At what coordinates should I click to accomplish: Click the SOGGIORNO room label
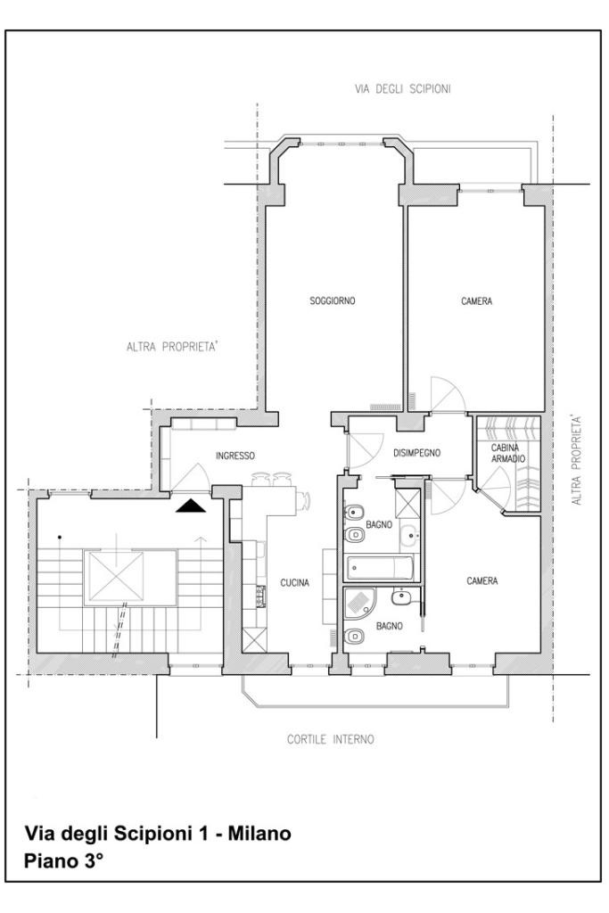click(332, 301)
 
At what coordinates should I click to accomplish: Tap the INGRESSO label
click(235, 456)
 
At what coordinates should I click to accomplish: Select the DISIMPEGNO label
click(416, 453)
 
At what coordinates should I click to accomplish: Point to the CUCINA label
click(294, 583)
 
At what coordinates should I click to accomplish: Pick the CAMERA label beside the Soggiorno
click(476, 301)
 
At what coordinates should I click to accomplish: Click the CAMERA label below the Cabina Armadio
click(482, 581)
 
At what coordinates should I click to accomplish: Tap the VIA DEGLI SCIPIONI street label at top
click(403, 89)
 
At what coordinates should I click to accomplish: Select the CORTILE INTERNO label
click(330, 739)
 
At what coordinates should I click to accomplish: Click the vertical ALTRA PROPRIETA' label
click(576, 459)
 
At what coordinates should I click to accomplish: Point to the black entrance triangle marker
click(192, 506)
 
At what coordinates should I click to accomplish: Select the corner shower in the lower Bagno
click(359, 604)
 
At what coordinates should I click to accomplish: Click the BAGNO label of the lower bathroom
click(389, 627)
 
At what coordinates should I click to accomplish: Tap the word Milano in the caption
click(259, 834)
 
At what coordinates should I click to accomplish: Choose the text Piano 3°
click(63, 861)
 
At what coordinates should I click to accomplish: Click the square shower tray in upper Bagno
click(407, 504)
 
